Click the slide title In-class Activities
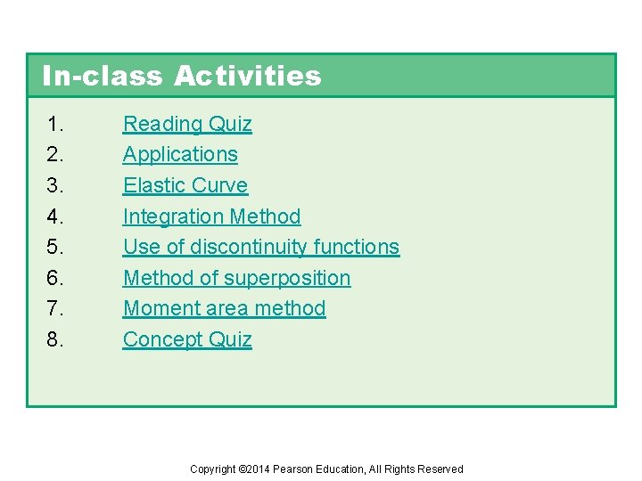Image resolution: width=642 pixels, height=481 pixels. tap(181, 76)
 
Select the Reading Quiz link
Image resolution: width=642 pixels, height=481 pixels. tap(187, 124)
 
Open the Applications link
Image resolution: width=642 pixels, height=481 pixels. tap(180, 154)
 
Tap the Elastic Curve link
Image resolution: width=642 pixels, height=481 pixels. tap(185, 185)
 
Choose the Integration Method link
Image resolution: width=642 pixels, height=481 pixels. tap(211, 216)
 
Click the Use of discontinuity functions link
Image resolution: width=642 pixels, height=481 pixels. tap(261, 247)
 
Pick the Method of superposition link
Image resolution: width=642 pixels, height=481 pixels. tap(236, 278)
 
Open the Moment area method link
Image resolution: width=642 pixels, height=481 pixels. tap(224, 308)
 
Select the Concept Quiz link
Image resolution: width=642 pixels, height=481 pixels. tap(187, 339)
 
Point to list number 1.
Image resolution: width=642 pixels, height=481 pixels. tap(55, 124)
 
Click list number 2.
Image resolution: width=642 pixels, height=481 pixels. tap(55, 154)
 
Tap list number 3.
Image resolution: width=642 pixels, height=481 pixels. tap(55, 185)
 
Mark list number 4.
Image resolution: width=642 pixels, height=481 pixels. tap(55, 216)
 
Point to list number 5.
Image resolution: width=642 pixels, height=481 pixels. tap(55, 247)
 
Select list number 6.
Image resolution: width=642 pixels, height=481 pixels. tap(55, 278)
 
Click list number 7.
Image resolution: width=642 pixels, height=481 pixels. tap(55, 308)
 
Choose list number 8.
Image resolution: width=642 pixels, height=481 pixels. tap(55, 339)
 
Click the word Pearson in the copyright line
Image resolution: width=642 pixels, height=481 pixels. tap(293, 469)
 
